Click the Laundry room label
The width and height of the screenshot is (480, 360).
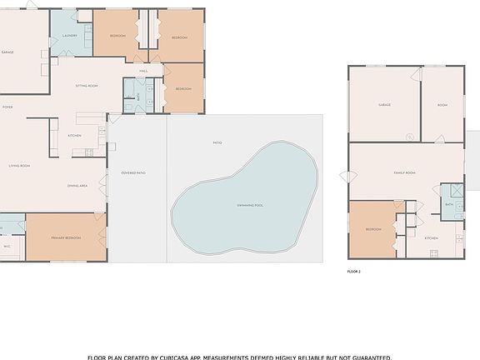[70, 36]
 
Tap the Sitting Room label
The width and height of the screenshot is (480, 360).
[87, 86]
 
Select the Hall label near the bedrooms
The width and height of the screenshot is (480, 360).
[143, 71]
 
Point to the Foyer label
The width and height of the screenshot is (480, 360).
[7, 107]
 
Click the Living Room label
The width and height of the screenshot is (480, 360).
[19, 166]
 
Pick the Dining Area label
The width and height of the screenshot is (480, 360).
[77, 186]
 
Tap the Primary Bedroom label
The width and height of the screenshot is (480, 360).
[66, 237]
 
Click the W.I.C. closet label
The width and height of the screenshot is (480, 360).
[7, 246]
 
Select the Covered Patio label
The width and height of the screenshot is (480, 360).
[133, 172]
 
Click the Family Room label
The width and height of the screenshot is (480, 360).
[404, 172]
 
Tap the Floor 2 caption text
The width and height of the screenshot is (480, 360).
[354, 271]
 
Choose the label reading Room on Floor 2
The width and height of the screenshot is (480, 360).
[442, 105]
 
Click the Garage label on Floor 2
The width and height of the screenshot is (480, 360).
[384, 105]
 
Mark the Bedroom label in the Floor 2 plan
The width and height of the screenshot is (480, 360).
[372, 229]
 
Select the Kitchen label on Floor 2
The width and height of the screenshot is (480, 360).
[432, 238]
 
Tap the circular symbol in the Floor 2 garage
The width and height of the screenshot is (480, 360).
[409, 137]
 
